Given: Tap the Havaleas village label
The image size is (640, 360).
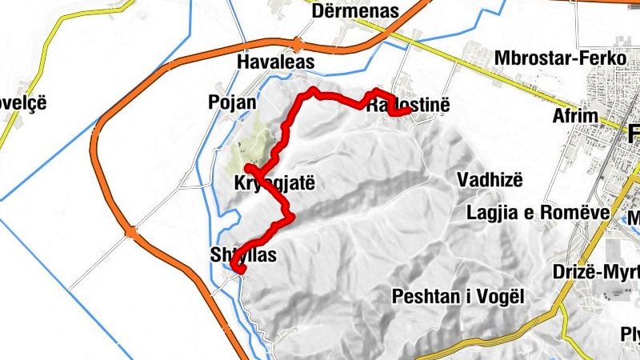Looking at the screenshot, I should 276,62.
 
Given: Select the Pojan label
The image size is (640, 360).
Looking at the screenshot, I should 232,102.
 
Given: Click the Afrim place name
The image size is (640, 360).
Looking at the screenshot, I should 575,116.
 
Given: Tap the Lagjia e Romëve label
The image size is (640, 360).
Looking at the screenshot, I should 539,212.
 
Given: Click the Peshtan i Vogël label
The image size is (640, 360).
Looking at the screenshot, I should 458,297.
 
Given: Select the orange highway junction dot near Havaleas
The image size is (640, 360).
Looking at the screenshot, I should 298,45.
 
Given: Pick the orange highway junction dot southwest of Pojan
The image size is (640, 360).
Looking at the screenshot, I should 130,233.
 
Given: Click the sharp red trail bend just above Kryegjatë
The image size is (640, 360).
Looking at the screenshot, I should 249,168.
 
